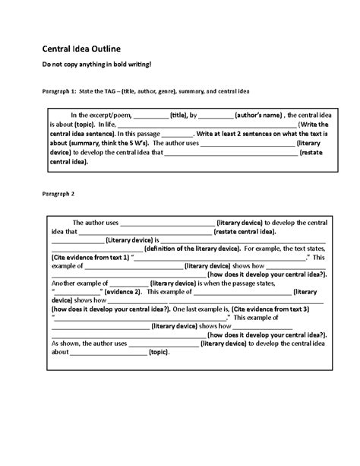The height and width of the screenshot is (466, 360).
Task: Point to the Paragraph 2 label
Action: click(x=52, y=194)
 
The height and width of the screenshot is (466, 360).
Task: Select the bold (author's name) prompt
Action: click(x=258, y=115)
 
